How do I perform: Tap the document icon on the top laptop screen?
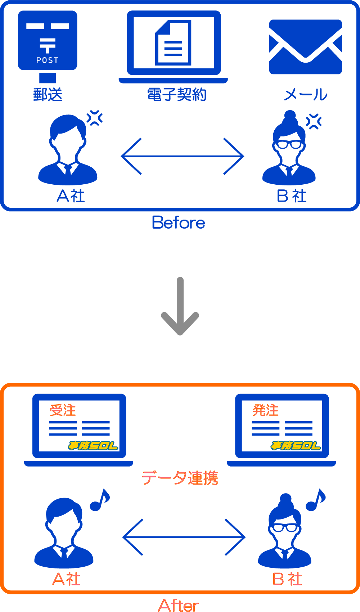pyautogui.click(x=173, y=43)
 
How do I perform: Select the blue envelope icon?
pyautogui.click(x=305, y=47)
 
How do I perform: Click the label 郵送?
pyautogui.click(x=48, y=95)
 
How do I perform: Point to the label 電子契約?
pyautogui.click(x=176, y=95)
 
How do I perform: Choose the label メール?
pyautogui.click(x=305, y=95)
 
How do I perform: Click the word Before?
pyautogui.click(x=179, y=222)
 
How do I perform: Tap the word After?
pyautogui.click(x=179, y=605)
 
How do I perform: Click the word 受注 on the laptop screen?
pyautogui.click(x=63, y=410)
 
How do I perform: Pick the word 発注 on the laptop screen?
pyautogui.click(x=266, y=410)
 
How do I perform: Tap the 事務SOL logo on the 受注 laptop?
pyautogui.click(x=93, y=446)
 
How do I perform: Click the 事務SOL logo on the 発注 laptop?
pyautogui.click(x=296, y=446)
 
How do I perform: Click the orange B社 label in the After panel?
pyautogui.click(x=287, y=579)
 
